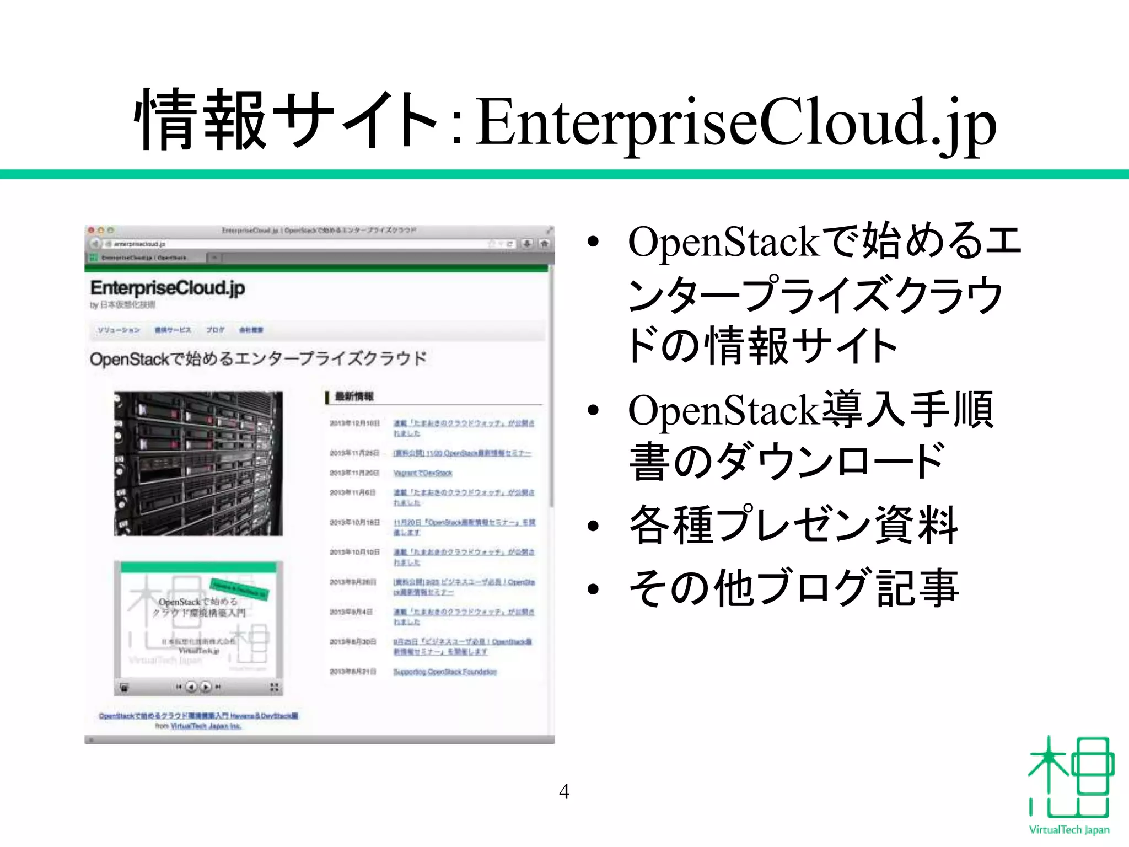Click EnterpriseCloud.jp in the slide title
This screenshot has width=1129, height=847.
click(736, 122)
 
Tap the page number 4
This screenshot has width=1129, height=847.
click(564, 791)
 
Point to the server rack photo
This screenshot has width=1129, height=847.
click(198, 463)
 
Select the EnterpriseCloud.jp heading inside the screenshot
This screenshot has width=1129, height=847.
click(168, 288)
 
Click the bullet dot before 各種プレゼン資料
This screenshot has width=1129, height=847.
click(593, 526)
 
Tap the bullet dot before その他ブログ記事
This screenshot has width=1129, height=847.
click(593, 589)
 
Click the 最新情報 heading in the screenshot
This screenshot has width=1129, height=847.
click(354, 396)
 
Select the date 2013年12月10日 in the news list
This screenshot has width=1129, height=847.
click(354, 423)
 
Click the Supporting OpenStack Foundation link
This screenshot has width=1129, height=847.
click(445, 672)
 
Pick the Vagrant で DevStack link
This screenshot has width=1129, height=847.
click(422, 473)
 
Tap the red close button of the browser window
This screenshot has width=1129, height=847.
click(92, 230)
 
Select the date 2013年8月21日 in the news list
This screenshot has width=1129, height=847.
click(353, 672)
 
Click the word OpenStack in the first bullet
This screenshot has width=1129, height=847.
click(723, 242)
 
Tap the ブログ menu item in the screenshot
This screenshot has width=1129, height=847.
click(215, 330)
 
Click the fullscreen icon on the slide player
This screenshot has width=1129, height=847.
click(274, 687)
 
